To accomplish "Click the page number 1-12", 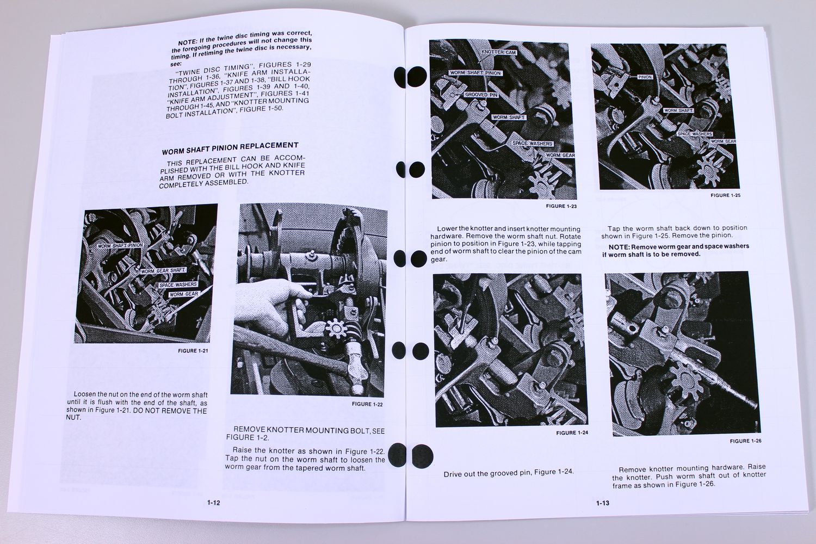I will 213,503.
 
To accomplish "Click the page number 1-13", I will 602,503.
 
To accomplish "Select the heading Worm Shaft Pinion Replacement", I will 230,146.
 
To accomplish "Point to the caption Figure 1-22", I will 367,404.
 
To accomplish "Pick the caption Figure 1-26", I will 745,441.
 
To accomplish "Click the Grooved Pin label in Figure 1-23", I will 481,95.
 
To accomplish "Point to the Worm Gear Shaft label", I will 164,270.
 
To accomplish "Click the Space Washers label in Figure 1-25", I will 695,133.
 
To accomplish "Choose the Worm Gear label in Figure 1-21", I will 184,294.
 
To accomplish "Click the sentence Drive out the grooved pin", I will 508,473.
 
